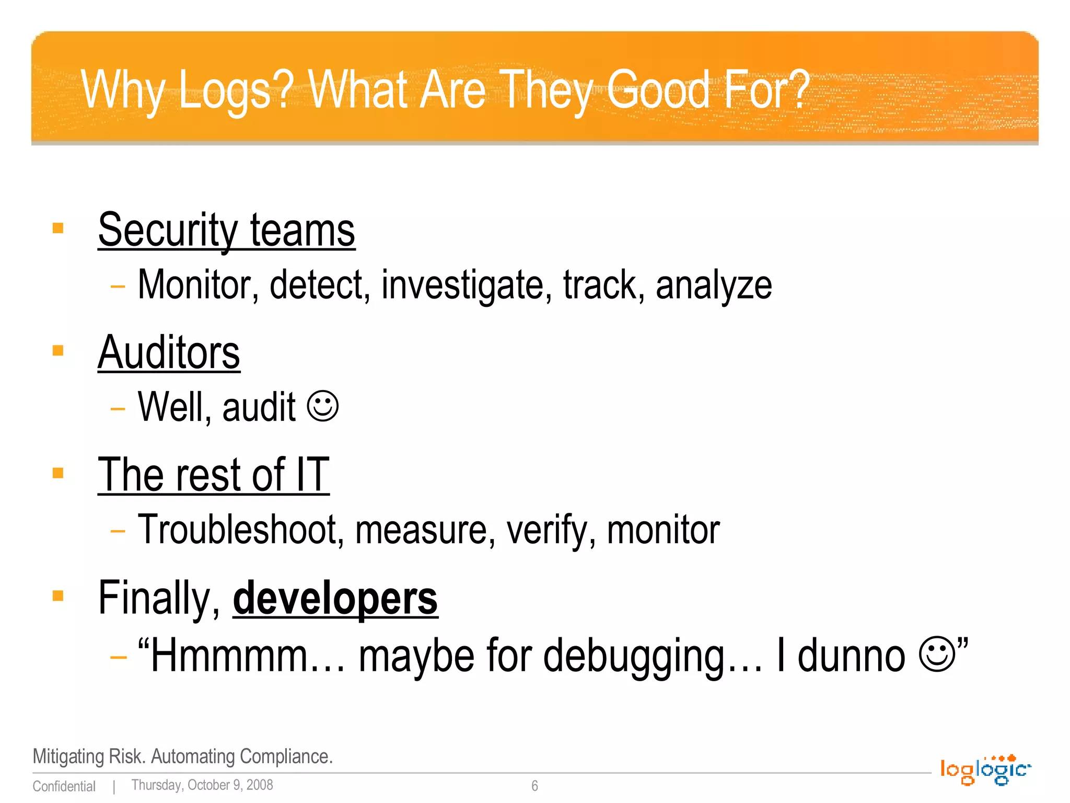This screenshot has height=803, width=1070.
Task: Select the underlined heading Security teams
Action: [226, 231]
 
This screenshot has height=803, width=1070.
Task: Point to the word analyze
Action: [714, 286]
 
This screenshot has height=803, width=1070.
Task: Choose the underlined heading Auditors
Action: [169, 353]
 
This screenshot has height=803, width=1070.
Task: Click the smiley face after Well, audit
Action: [323, 406]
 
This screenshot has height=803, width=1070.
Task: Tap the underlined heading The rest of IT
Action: [214, 475]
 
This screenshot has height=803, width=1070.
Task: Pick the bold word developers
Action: [335, 599]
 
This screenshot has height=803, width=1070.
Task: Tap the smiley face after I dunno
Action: [937, 653]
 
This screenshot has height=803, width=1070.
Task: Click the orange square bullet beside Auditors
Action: [58, 350]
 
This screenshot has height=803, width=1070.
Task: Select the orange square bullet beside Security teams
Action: [58, 228]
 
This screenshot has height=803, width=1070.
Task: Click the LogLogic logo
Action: [985, 770]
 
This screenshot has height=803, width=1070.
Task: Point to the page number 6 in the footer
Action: [534, 786]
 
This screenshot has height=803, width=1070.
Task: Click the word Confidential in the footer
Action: [64, 786]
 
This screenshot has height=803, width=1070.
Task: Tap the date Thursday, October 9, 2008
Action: [202, 785]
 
